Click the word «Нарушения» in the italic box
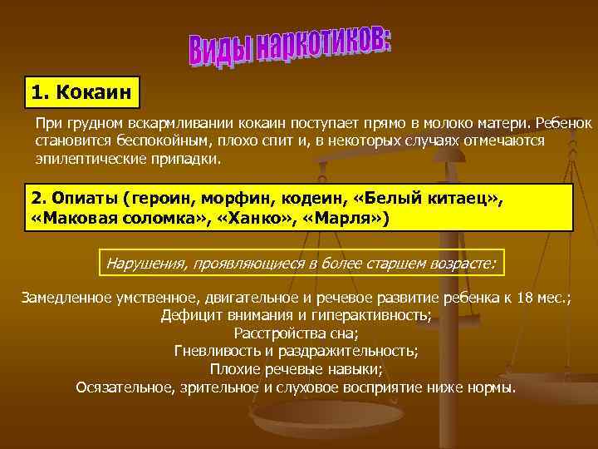(145, 264)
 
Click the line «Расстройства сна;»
(297, 334)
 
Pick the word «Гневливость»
(214, 352)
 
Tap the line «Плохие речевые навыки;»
(297, 369)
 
